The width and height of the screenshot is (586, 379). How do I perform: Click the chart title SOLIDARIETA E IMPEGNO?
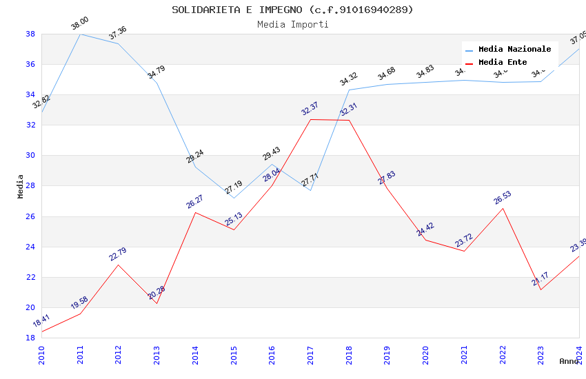coord(292,10)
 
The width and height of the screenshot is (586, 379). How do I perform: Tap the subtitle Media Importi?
coord(292,25)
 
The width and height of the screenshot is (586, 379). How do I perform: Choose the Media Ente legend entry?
coord(503,62)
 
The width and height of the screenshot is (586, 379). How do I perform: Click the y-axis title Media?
coord(21,186)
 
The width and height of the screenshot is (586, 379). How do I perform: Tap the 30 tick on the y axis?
coord(30,156)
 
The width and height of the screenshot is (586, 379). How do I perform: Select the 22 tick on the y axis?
coord(30,277)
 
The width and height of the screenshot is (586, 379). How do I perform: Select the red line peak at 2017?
coord(310,120)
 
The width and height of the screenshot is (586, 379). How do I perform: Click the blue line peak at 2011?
coord(81,34)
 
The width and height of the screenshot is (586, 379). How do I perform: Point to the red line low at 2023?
coord(540,289)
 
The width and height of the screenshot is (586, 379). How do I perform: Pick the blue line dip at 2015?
coord(234,198)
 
